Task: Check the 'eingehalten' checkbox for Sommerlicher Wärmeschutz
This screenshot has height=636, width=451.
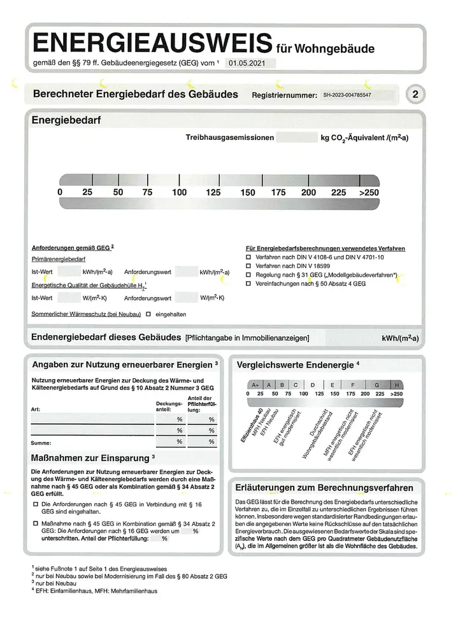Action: pyautogui.click(x=148, y=314)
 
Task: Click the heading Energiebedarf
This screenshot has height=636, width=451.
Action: pyautogui.click(x=67, y=120)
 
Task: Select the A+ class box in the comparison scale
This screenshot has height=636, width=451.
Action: pyautogui.click(x=255, y=385)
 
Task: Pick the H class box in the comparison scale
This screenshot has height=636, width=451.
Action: pyautogui.click(x=397, y=385)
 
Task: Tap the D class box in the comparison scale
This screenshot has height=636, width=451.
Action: pyautogui.click(x=313, y=385)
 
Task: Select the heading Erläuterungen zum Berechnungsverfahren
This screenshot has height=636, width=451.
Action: pyautogui.click(x=325, y=488)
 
